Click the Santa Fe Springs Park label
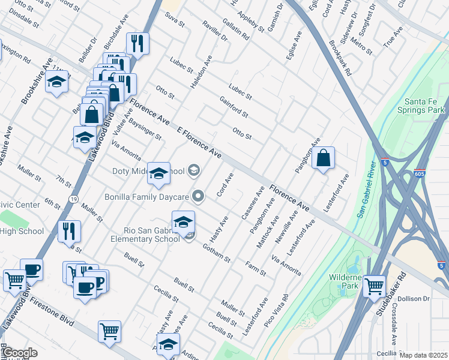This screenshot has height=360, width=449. coord(424,105)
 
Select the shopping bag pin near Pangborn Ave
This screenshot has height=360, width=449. coord(323,158)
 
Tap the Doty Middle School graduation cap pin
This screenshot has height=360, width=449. coord(158,173)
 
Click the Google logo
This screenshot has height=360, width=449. coord(19,353)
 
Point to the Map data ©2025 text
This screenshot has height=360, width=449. coord(423,355)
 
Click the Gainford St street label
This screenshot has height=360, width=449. coord(234,107)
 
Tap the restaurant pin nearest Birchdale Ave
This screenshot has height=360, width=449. coord(137,43)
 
